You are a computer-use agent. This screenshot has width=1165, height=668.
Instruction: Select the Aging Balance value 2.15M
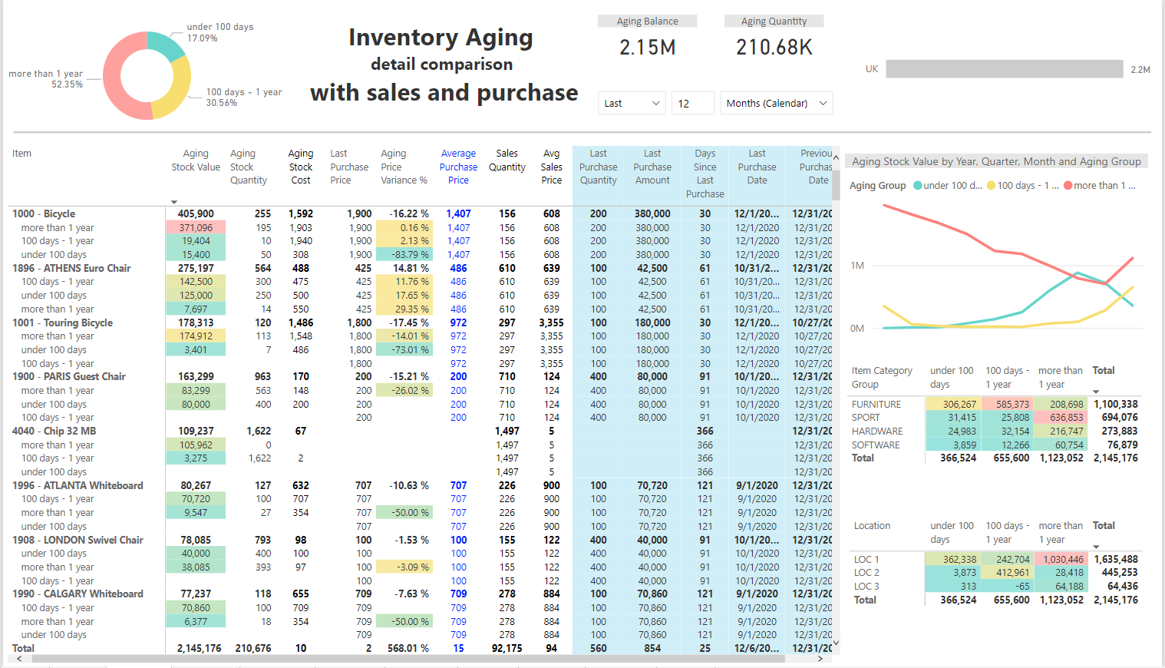coord(648,48)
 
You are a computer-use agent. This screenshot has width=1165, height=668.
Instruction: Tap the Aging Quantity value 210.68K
coord(774,48)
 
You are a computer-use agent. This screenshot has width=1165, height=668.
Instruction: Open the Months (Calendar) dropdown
coord(776,103)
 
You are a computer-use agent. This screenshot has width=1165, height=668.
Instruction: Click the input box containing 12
coord(692,103)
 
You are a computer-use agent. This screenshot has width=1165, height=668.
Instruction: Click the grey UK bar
coord(1004,69)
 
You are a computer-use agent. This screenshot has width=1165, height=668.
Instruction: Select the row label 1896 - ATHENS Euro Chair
coord(71,268)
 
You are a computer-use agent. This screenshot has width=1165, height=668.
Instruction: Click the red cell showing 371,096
coord(196,227)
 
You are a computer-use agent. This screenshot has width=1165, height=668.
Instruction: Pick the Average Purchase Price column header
coord(458,167)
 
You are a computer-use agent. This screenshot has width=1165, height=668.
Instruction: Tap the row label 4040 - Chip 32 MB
coord(54,431)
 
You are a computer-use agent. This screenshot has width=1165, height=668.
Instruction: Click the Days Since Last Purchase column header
coord(705,174)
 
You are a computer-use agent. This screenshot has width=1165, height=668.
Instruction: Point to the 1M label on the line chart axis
coord(857,266)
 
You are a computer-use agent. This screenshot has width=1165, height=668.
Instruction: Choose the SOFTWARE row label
coord(876,445)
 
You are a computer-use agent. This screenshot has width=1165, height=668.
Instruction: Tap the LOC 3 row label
coord(866,586)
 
